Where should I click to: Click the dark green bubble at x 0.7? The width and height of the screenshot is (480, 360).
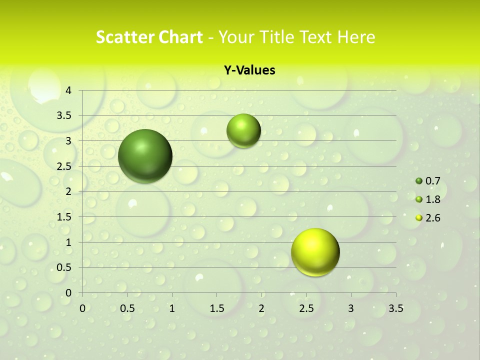145,156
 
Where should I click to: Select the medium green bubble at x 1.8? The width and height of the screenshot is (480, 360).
243,131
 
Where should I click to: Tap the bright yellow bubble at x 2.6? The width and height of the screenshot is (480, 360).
315,252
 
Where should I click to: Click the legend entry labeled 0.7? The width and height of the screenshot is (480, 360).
428,181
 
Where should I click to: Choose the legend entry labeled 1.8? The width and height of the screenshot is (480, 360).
428,199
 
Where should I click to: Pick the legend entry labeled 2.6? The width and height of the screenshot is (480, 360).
428,218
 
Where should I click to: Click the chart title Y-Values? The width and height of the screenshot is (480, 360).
249,70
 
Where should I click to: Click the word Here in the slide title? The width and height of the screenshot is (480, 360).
356,37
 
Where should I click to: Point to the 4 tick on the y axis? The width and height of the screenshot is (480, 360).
69,90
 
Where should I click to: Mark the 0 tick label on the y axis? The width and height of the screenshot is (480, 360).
69,293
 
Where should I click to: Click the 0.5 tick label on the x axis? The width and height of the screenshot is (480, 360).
127,308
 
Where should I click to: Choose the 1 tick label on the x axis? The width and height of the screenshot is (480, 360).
172,308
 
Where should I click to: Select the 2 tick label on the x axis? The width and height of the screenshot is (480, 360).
261,308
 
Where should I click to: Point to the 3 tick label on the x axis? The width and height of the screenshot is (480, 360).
351,308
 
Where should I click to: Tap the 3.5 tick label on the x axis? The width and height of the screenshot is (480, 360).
396,308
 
